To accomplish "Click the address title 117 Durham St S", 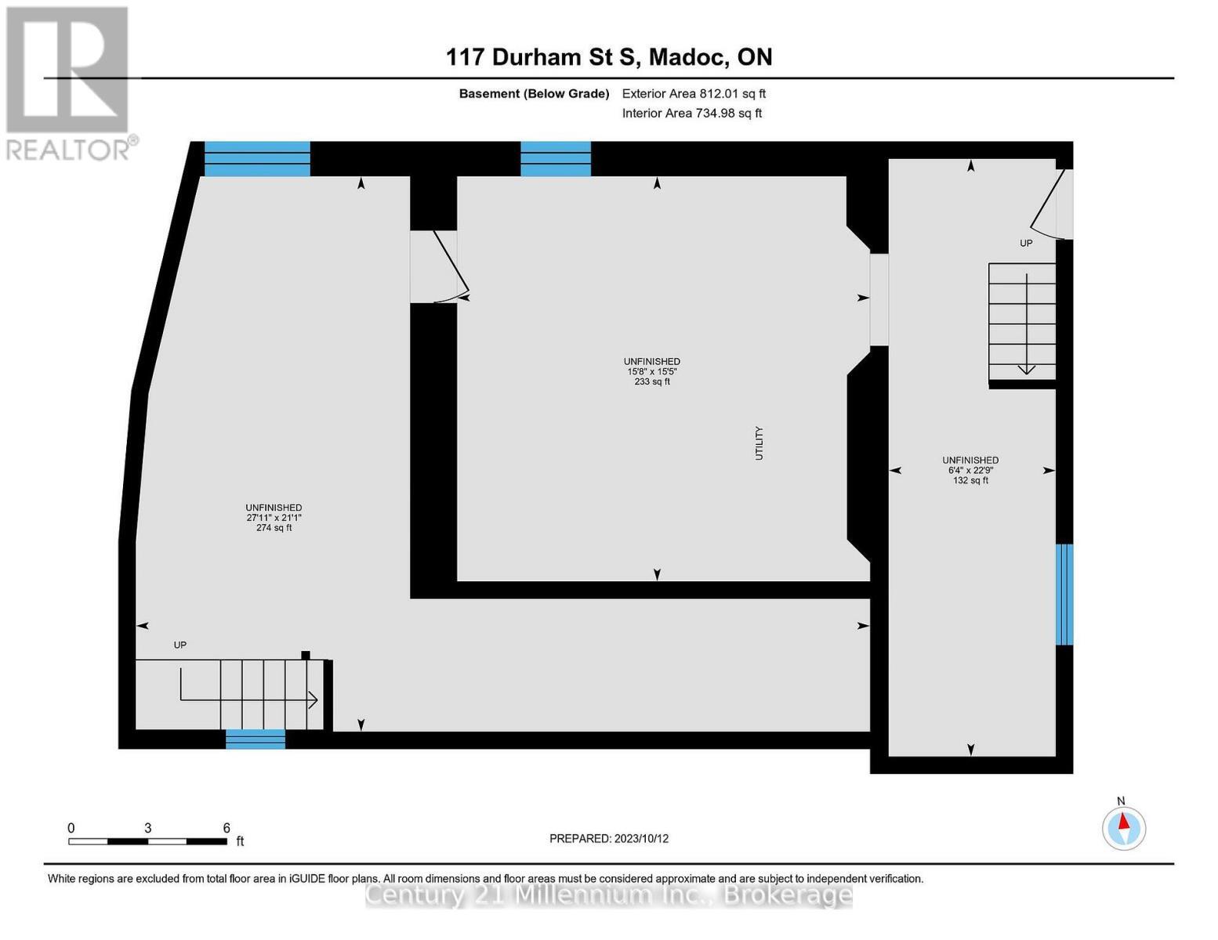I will (609, 57).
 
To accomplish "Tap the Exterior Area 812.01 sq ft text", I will (693, 93).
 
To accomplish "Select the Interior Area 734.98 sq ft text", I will (691, 113).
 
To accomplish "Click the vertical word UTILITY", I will (759, 443).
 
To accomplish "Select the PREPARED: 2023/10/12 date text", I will (609, 838).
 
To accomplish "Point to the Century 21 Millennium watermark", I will (609, 895).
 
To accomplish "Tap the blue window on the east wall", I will (1064, 594).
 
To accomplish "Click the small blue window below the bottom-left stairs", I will (255, 739).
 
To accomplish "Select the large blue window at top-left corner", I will (257, 159).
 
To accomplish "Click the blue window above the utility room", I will (555, 159).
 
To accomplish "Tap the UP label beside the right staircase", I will (1026, 244).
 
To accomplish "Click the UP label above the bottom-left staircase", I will (179, 645).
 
